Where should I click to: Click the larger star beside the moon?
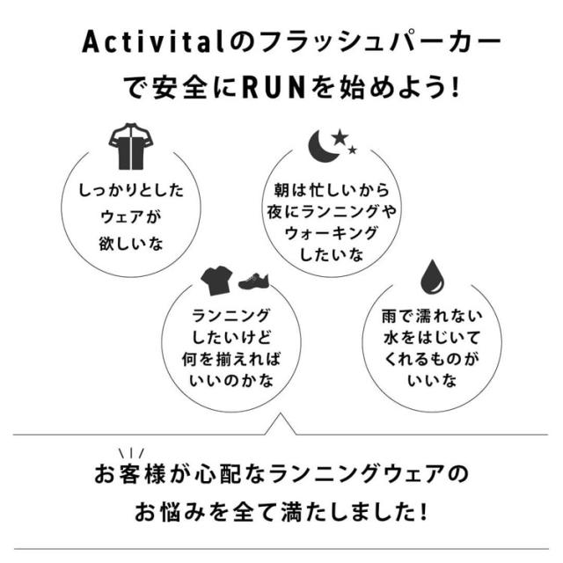(x=341, y=136)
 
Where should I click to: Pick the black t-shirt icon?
(x=216, y=281)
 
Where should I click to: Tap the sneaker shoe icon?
(x=252, y=281)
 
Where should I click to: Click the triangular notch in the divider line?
(x=281, y=426)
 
